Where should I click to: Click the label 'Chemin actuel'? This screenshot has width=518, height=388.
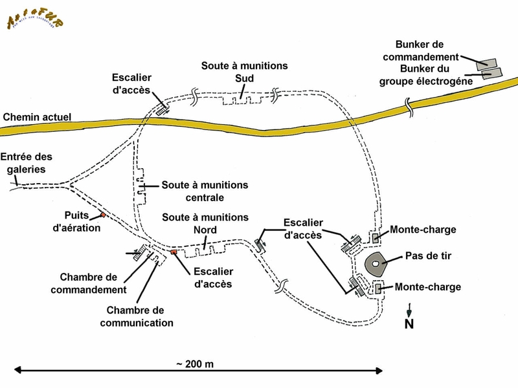[x=37, y=117]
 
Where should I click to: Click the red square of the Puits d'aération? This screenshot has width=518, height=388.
[x=102, y=215]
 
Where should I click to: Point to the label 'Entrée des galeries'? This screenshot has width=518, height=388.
[x=26, y=163]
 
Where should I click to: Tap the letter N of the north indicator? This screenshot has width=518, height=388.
[x=409, y=324]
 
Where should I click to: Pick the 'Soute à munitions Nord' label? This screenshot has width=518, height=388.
[x=205, y=223]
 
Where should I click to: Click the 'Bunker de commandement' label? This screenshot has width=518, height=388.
[x=429, y=50]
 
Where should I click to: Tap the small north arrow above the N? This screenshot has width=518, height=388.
[x=409, y=311]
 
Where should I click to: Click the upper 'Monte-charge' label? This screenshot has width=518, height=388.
[x=423, y=230]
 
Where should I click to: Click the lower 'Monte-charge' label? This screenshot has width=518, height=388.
[x=427, y=286]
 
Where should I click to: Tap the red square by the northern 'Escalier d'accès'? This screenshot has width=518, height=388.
[x=174, y=252]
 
